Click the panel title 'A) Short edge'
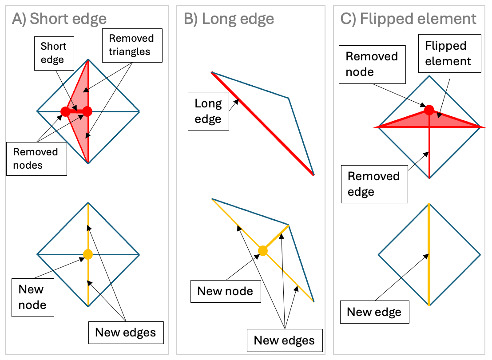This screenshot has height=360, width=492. (60, 19)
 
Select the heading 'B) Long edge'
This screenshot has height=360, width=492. (229, 19)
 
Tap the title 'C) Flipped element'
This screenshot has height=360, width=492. (408, 19)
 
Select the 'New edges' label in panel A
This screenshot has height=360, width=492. (126, 332)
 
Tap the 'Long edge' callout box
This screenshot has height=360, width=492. (208, 111)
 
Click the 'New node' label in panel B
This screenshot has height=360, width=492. (225, 291)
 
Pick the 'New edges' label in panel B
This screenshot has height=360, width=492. (284, 340)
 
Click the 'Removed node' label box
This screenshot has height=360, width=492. (372, 64)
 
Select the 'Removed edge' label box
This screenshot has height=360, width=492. (374, 184)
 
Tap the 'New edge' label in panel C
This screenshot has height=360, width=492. (374, 312)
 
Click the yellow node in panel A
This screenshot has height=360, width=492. (88, 254)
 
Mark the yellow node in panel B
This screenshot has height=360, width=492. (263, 251)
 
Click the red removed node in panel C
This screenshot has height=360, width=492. (429, 110)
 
